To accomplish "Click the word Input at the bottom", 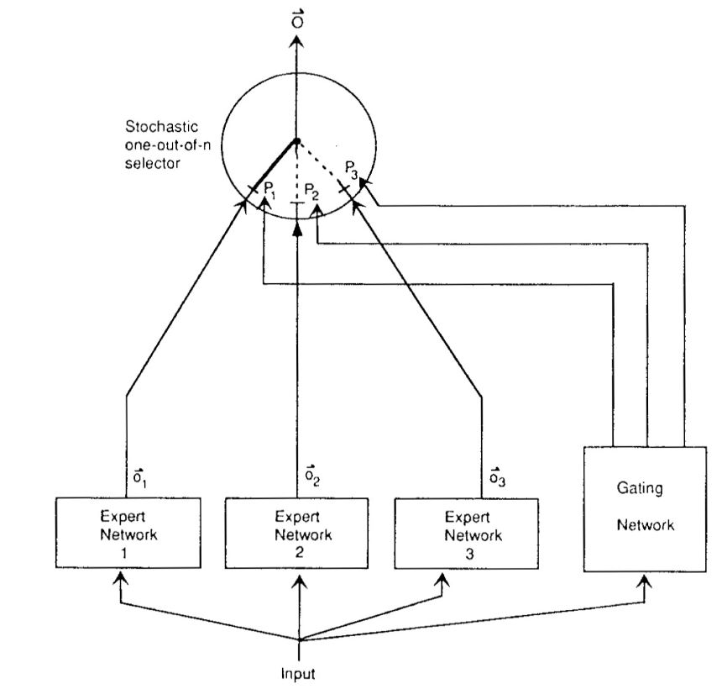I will click(300, 674).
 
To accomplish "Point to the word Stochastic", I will click(161, 128).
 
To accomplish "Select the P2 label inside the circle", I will click(311, 190).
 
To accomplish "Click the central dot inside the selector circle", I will click(296, 140).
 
